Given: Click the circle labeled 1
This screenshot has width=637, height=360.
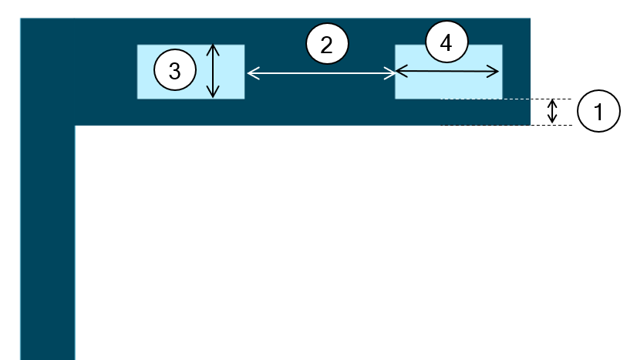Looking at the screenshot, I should pyautogui.click(x=599, y=111).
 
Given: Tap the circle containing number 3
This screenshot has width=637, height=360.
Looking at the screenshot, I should pyautogui.click(x=175, y=71).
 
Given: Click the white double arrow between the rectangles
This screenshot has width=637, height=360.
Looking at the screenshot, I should pyautogui.click(x=320, y=73).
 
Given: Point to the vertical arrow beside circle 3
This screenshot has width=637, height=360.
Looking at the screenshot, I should pyautogui.click(x=214, y=71).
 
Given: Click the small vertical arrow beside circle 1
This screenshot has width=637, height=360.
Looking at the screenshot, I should pyautogui.click(x=552, y=112).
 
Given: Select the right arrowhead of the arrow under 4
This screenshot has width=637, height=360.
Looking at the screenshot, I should pyautogui.click(x=495, y=72).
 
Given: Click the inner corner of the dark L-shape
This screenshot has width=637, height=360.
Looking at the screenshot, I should pyautogui.click(x=75, y=126).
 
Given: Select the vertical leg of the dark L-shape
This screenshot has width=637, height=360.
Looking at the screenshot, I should pyautogui.click(x=47, y=247).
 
